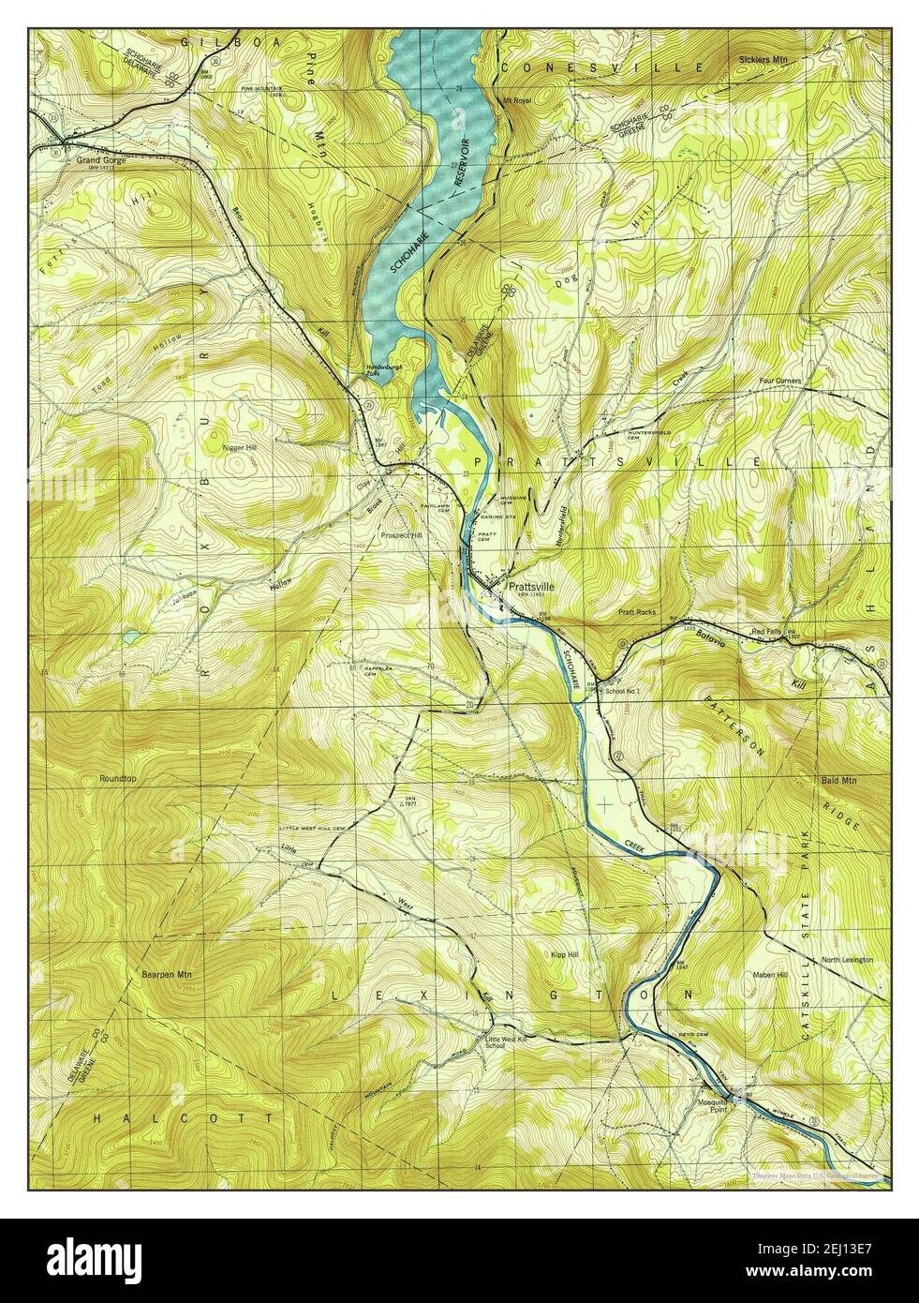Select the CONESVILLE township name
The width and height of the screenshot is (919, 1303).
[x=600, y=68]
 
